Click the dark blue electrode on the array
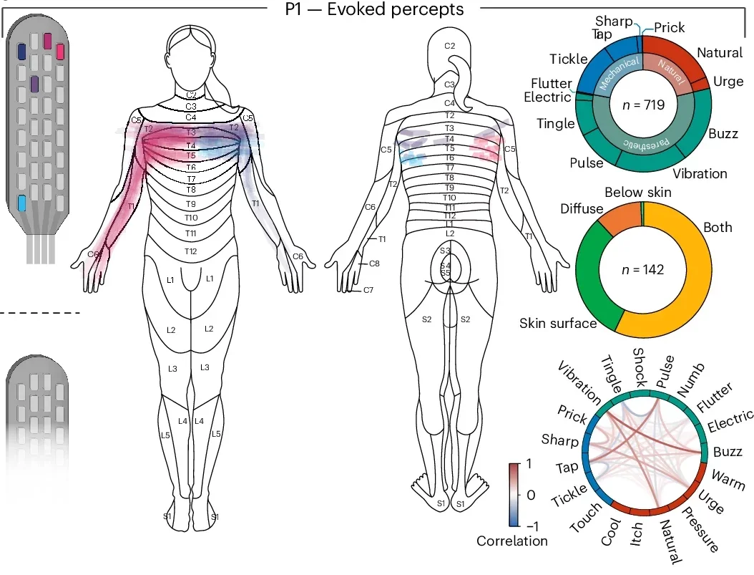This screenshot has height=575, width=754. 22,52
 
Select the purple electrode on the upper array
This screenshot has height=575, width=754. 34,84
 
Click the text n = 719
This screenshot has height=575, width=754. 642,105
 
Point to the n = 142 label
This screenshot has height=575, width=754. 642,270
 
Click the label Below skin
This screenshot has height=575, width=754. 637,192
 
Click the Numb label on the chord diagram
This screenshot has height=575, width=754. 690,377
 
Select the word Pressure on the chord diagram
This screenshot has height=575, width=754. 697,531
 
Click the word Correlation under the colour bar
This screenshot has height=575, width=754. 512,541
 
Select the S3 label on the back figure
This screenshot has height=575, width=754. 445,251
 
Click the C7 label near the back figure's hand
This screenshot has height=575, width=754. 368,290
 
